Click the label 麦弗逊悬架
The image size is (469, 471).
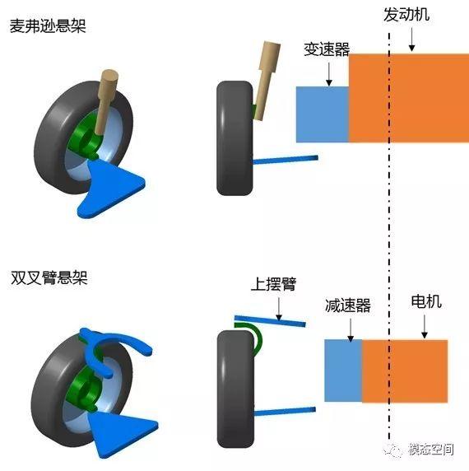(48, 26)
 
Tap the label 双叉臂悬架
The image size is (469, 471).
(49, 277)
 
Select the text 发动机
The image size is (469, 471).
(406, 15)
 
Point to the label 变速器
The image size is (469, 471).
(327, 49)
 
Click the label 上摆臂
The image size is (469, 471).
(273, 284)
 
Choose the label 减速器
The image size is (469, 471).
(348, 305)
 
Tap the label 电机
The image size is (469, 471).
(426, 301)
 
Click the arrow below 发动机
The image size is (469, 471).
(412, 40)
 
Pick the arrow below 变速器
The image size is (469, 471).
(329, 74)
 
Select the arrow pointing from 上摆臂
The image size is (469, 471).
(279, 309)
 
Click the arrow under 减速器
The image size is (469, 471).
(351, 330)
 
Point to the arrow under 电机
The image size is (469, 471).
(425, 327)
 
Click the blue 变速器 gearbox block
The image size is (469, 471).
(323, 114)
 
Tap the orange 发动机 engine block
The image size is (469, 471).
(409, 98)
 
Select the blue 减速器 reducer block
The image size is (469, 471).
(343, 371)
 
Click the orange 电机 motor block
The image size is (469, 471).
(405, 371)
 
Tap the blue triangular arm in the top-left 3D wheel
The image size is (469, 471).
(110, 187)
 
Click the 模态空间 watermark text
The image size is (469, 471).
(431, 450)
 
